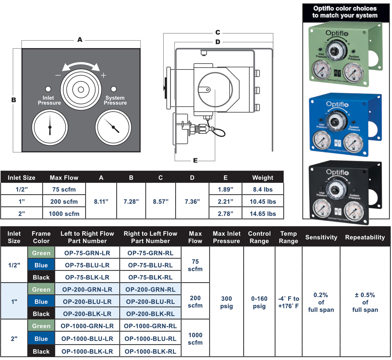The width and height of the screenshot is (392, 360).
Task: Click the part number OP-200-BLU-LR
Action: coord(87,302)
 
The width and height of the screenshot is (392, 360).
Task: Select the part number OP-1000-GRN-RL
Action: coord(150,326)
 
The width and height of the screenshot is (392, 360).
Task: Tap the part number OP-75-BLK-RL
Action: coord(150,277)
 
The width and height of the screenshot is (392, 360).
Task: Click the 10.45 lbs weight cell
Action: coord(263,202)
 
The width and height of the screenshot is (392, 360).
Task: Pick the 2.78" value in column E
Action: coord(225,214)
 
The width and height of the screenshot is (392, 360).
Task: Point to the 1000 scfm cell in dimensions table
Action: coord(64,214)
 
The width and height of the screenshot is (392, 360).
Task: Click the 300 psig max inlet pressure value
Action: coord(226,302)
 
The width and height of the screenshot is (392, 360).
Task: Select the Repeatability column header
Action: coord(365,237)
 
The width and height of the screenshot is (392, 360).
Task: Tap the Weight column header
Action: coord(263,178)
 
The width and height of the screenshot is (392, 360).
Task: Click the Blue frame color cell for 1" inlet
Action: coord(41,302)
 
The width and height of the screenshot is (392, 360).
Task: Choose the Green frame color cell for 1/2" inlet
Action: coord(41,253)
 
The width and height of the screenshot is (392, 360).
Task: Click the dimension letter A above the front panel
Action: coord(80,40)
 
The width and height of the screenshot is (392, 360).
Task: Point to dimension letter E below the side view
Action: coord(195,161)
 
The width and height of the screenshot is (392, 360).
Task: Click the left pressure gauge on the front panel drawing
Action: coord(50,127)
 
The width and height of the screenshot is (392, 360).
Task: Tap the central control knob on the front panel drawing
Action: coord(81,89)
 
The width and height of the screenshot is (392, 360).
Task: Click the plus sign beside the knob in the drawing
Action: coord(103,75)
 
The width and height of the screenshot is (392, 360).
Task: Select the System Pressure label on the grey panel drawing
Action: coord(115,100)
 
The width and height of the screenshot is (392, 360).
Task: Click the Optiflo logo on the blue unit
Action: coord(337,104)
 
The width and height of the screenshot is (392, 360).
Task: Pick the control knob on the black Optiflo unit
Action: coord(336,190)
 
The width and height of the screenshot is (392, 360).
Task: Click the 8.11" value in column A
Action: coord(101,202)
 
